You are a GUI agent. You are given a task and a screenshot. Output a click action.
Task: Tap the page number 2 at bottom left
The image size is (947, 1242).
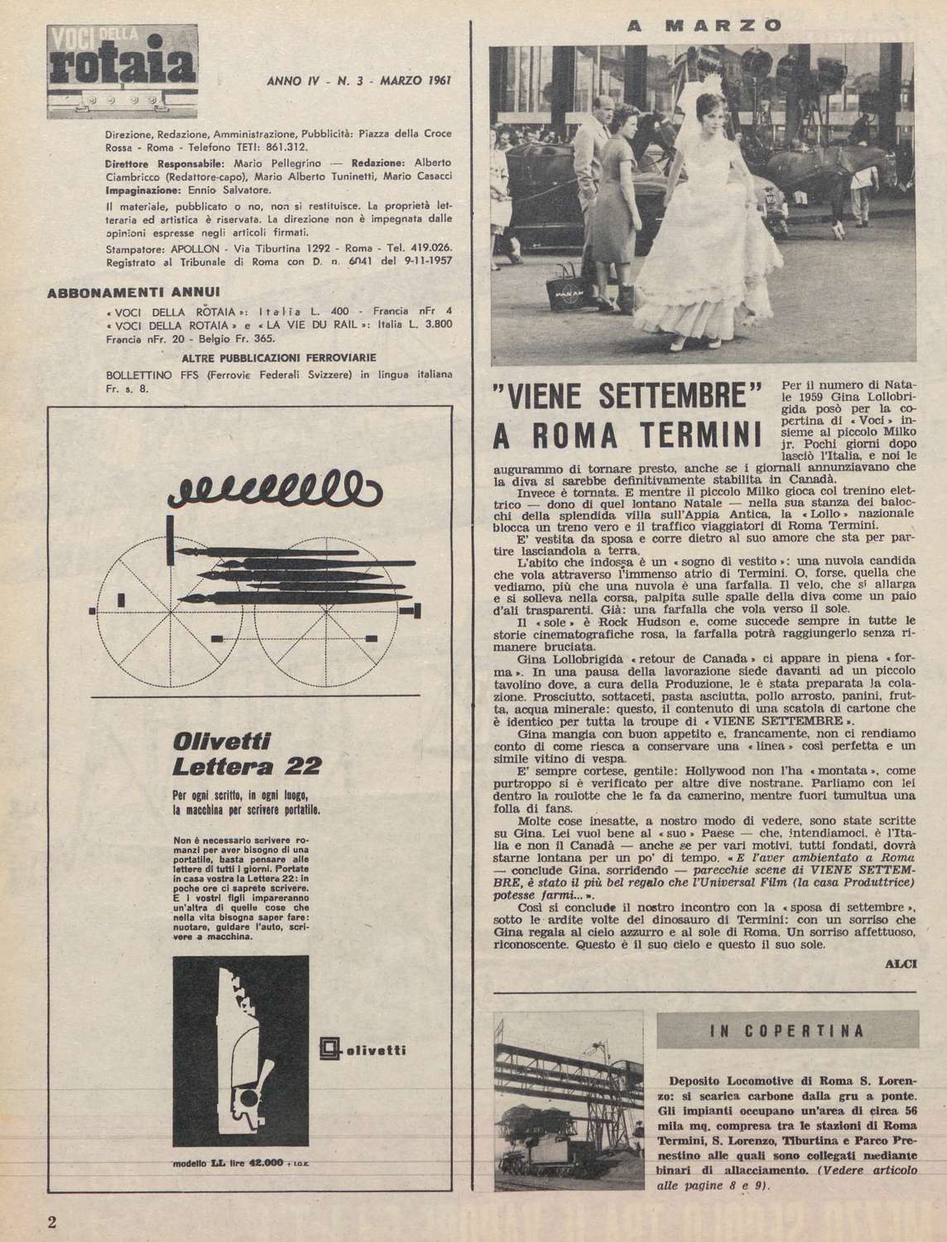point(53,1222)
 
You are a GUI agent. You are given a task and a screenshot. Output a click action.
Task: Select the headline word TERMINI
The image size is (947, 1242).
point(705,436)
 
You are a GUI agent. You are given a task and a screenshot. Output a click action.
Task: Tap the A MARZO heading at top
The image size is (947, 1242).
point(704,25)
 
